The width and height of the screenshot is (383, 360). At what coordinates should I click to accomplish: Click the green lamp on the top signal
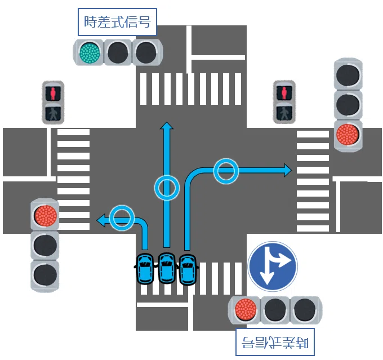[90, 52]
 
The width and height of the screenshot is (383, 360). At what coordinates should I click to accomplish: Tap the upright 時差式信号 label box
[117, 22]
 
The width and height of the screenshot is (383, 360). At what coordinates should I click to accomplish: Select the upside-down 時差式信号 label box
[275, 342]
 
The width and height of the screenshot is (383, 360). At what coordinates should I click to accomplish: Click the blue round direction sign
[273, 266]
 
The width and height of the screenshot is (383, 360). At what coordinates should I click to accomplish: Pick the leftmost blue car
[145, 269]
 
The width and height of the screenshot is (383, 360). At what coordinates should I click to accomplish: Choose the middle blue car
[167, 268]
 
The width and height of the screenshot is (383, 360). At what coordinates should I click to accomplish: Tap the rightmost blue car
[188, 269]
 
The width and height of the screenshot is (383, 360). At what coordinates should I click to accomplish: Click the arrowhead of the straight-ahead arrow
[167, 126]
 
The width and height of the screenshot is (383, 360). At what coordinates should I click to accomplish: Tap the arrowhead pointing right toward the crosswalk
[288, 170]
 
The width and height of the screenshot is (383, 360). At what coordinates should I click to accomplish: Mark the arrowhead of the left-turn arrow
[101, 220]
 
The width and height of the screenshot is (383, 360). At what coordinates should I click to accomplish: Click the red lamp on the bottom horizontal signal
[246, 310]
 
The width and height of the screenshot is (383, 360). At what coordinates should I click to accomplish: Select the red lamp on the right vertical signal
[348, 135]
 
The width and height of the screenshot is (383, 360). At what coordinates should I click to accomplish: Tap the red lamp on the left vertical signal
[46, 216]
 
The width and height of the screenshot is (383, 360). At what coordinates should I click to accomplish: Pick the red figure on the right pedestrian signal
[284, 93]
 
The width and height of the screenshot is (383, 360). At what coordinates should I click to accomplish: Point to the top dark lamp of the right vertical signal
[348, 75]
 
